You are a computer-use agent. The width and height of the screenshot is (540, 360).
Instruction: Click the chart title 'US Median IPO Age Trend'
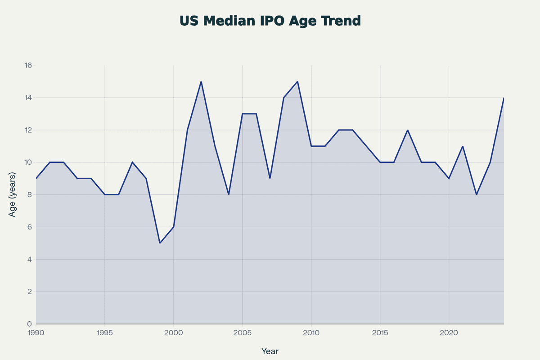[x=270, y=21]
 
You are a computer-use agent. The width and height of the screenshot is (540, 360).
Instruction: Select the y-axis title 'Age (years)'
[x=13, y=195]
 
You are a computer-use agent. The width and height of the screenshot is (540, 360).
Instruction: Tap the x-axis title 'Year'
[x=270, y=351]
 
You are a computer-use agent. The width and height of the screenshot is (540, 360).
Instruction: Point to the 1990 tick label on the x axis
[x=36, y=333]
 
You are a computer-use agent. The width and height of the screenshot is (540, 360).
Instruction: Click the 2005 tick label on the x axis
[x=243, y=333]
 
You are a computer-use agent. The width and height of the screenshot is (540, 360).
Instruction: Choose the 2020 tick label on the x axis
[x=449, y=333]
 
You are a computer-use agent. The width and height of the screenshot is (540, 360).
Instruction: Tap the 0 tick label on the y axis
[x=29, y=324]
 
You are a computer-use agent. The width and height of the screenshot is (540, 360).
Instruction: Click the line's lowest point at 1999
[x=160, y=243]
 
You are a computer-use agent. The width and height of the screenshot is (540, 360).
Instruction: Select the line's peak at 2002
[x=201, y=81]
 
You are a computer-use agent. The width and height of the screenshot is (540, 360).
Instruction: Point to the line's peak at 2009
[x=297, y=81]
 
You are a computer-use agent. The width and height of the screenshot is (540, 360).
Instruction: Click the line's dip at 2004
[x=229, y=194]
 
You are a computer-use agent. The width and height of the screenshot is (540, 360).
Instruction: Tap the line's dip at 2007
[x=270, y=178]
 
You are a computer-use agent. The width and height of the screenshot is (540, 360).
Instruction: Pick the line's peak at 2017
[x=408, y=130]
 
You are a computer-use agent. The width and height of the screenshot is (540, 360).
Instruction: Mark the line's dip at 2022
[x=476, y=194]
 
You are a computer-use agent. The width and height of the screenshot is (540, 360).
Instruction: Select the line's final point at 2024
[x=504, y=98]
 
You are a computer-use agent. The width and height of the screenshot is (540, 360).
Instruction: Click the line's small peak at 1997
[x=132, y=162]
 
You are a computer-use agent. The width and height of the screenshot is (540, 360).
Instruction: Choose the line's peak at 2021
[x=463, y=146]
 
